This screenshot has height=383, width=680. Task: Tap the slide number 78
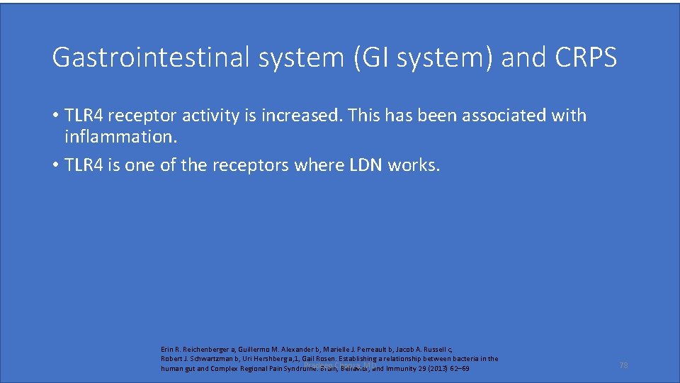[x=623, y=365]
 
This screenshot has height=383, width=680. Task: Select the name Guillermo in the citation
[x=254, y=349]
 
